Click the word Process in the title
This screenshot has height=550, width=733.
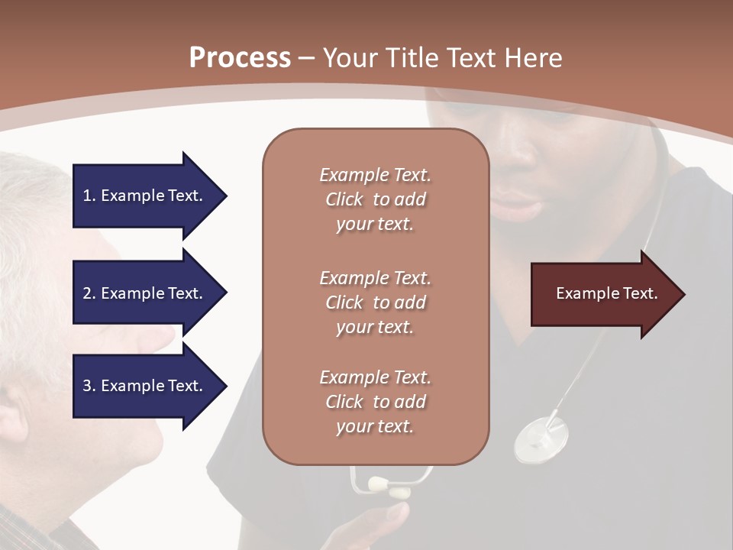pyautogui.click(x=240, y=57)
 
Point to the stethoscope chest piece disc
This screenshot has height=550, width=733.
pyautogui.click(x=541, y=438)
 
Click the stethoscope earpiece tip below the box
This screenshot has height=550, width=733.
pyautogui.click(x=379, y=484)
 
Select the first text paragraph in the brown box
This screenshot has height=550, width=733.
pyautogui.click(x=375, y=199)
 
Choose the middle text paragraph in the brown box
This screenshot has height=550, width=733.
pyautogui.click(x=375, y=302)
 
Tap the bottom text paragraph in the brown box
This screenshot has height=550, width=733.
pyautogui.click(x=375, y=402)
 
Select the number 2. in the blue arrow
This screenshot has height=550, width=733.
pyautogui.click(x=89, y=293)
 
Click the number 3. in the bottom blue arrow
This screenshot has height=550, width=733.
pyautogui.click(x=89, y=386)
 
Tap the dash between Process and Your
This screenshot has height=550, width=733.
pyautogui.click(x=307, y=58)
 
